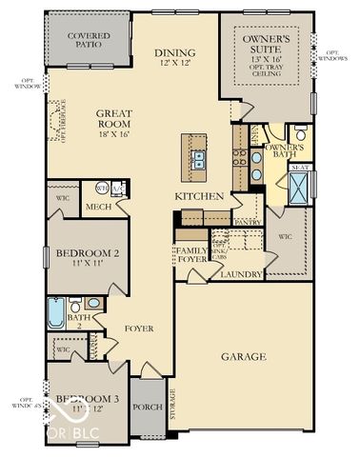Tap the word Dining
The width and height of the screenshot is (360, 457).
click(178, 52)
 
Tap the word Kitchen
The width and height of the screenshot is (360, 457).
click(199, 196)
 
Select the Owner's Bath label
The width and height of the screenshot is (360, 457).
click(284, 151)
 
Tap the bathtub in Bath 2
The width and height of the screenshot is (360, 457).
click(56, 312)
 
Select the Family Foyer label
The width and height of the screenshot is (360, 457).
click(190, 253)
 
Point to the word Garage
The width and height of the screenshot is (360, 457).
click(243, 357)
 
